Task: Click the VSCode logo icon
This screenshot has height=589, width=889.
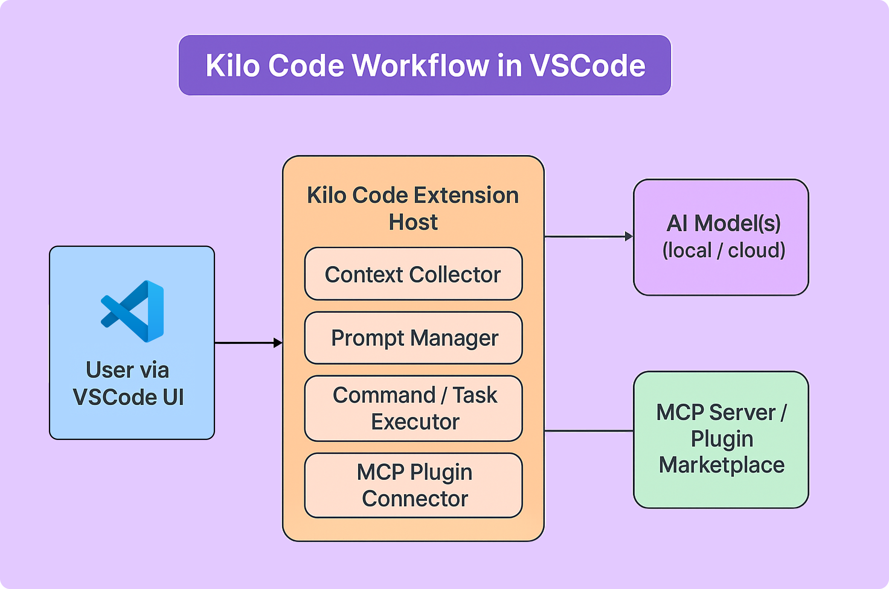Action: [132, 311]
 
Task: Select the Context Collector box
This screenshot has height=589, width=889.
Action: [413, 274]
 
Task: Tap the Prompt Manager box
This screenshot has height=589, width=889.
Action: [413, 338]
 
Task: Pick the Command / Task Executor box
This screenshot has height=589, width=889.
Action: [413, 408]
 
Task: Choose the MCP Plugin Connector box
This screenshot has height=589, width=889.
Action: [413, 485]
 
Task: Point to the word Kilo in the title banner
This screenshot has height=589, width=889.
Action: [232, 65]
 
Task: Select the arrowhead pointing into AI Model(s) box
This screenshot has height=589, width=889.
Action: [628, 236]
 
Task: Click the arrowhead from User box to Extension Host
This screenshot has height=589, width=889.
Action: [278, 342]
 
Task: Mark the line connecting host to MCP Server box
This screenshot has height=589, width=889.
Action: [589, 431]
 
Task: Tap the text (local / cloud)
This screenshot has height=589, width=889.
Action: [724, 250]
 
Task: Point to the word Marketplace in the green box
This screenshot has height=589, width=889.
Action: [722, 465]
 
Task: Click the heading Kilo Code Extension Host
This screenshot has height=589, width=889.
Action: [413, 208]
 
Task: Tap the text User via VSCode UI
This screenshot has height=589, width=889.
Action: [128, 383]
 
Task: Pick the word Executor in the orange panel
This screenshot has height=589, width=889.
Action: [415, 422]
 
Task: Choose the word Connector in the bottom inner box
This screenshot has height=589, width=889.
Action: [415, 498]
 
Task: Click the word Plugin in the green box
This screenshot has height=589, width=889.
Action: [722, 438]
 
